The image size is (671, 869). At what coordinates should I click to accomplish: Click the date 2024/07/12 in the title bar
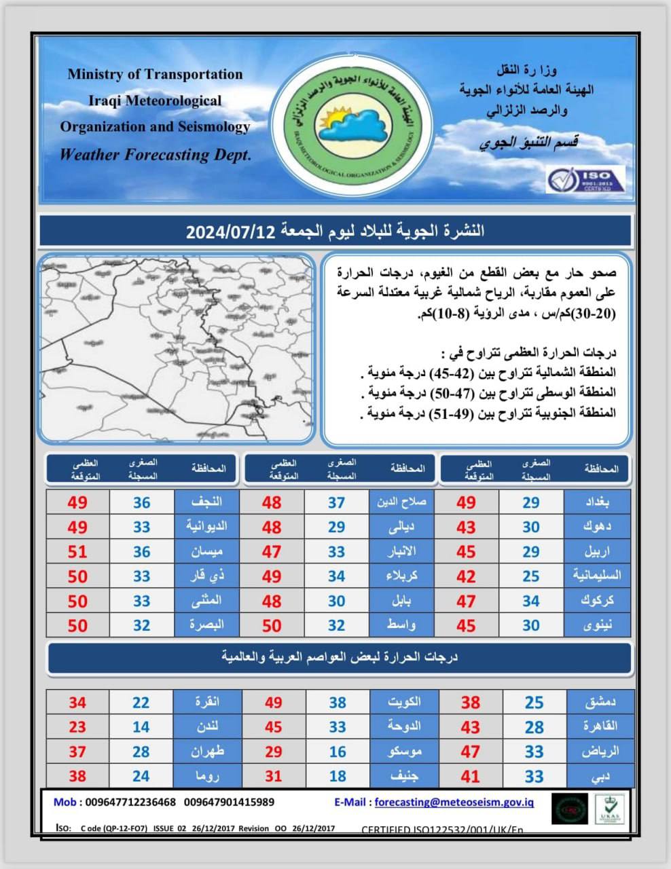pos(230,232)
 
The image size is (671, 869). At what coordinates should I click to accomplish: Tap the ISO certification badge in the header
pos(585,179)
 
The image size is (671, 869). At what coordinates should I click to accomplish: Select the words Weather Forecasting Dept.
pos(156,155)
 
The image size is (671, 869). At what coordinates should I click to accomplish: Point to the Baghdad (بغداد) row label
pos(597,502)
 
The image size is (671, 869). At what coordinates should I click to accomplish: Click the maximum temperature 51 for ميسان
pos(77,551)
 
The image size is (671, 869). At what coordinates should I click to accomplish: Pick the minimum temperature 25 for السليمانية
pos(531,576)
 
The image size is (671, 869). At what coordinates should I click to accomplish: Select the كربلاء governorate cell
pos(401,576)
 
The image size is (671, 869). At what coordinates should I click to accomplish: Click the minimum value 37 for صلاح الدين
pos(337,502)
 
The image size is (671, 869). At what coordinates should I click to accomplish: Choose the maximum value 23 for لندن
pos(77,727)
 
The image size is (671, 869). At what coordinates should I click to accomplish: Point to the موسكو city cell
pos(401,752)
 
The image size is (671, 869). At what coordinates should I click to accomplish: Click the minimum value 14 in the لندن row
pos(141,727)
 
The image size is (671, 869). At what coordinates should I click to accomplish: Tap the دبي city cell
pos(598,776)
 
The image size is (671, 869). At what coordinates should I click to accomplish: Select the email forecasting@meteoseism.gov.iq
pos(454,802)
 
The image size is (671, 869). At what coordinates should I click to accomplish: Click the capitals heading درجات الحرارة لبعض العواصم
pos(340,657)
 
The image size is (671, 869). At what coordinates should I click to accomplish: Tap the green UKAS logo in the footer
pos(609,809)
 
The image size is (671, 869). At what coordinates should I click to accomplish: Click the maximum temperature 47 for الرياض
pos(470,752)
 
